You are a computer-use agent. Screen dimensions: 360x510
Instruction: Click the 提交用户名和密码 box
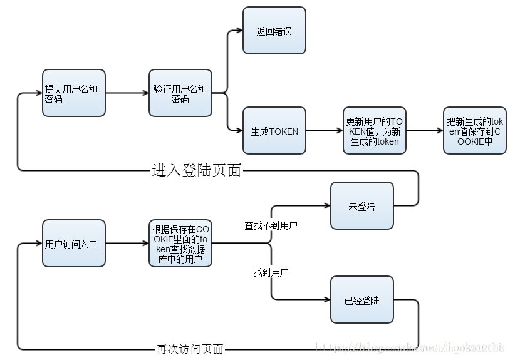(73, 93)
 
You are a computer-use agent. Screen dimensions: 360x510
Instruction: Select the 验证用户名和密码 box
(180, 93)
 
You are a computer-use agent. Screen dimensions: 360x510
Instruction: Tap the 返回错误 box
(274, 30)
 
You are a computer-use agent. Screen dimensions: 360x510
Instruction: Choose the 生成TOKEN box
(274, 131)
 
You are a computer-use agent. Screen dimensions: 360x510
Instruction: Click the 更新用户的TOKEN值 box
(374, 131)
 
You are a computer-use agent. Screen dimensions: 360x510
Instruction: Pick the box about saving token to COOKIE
(474, 131)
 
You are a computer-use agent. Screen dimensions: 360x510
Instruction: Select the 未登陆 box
(362, 205)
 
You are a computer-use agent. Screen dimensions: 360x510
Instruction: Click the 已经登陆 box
(362, 300)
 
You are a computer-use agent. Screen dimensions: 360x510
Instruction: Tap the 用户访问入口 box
(73, 243)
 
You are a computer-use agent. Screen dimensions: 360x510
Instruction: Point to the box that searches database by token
(180, 243)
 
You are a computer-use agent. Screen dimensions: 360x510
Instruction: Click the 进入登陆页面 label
(196, 170)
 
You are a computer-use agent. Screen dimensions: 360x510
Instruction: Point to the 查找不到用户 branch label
(271, 225)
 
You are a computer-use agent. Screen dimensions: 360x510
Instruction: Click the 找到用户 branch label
(271, 273)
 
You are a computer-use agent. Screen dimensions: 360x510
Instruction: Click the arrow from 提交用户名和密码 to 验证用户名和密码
(127, 93)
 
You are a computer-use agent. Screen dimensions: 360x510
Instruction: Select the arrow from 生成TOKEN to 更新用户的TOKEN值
(324, 131)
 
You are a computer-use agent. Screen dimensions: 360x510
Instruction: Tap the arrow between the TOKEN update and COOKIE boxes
(424, 131)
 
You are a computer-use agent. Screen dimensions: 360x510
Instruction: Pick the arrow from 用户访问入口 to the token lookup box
(127, 243)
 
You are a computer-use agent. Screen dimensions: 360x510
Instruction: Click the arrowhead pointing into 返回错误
(239, 30)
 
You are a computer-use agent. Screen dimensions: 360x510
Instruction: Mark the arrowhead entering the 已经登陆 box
(326, 300)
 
